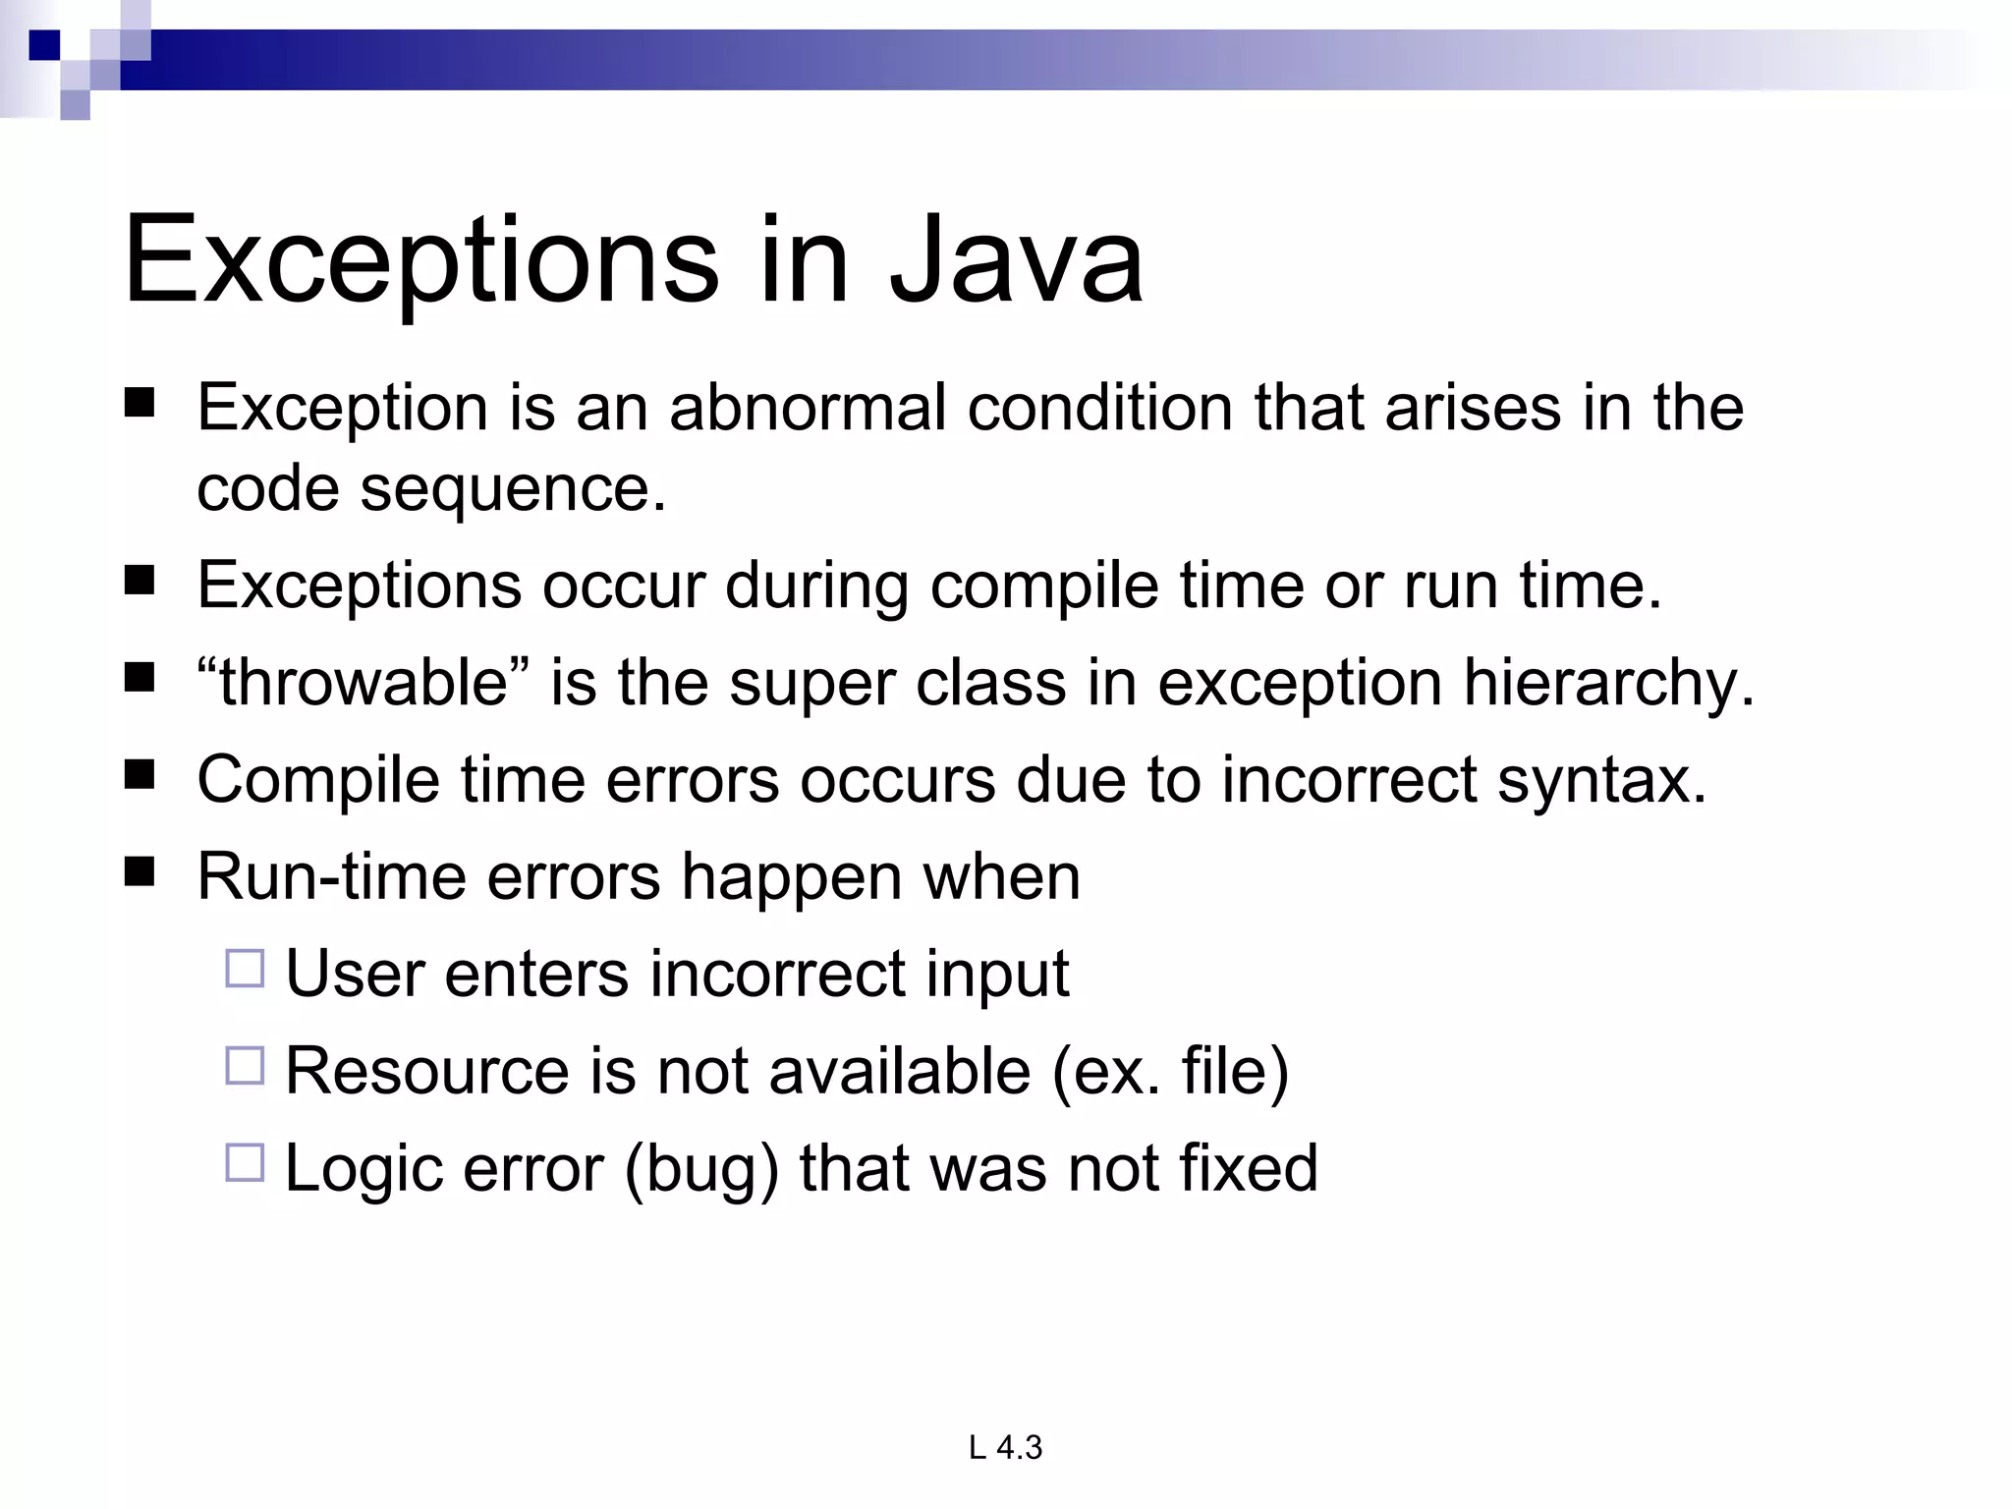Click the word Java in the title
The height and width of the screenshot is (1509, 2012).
coord(1016,261)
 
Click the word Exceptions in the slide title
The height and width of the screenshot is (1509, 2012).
coord(421,261)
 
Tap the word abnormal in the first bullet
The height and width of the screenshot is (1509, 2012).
coord(808,408)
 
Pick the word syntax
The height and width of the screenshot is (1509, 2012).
coord(1600,780)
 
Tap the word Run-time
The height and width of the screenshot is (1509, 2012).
coord(331,876)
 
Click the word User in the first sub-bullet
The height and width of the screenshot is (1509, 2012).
coord(354,975)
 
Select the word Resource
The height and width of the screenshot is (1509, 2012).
coord(426,1071)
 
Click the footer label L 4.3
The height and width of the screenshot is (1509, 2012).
coord(1005,1447)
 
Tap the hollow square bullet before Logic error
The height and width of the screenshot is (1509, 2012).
coord(245,1163)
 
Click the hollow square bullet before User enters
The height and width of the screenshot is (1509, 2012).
coord(245,969)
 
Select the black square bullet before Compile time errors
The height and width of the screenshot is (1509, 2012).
coord(140,775)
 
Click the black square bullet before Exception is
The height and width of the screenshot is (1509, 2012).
coord(140,403)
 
